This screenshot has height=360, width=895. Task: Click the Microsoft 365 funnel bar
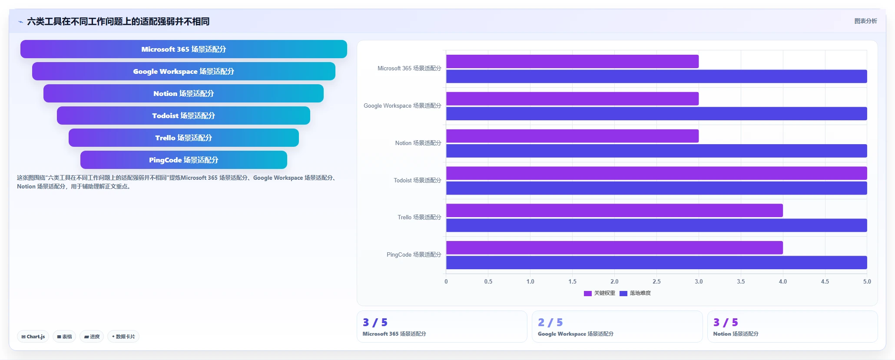coord(184,49)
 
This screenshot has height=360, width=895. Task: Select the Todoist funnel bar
coord(183,116)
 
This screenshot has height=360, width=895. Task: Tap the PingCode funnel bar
coord(184,160)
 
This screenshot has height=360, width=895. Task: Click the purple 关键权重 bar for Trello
coord(614,211)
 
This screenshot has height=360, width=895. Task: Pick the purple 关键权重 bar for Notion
coord(572,136)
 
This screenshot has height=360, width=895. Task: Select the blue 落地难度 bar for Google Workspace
coord(656,114)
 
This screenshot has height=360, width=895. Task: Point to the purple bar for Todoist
coord(656,173)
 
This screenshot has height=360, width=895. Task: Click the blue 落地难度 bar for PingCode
coord(656,263)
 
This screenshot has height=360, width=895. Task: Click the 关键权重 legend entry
coord(600,293)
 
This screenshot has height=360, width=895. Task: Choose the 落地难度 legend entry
coord(635,293)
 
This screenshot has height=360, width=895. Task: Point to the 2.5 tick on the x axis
coord(656,281)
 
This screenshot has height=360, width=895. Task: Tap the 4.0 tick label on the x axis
coord(783,281)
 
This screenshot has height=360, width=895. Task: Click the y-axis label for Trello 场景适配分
coord(419,217)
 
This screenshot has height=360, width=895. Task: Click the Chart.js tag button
coord(33,337)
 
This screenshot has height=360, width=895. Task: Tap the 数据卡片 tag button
coord(123,337)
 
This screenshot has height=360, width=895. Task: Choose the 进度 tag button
coord(92,337)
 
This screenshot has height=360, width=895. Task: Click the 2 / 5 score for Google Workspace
coord(550,322)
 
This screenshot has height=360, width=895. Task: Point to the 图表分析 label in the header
coord(865,21)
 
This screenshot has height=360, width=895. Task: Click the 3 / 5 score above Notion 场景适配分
coord(726,322)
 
